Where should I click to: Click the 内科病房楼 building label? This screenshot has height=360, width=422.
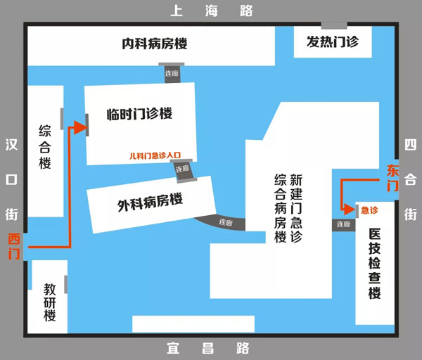point(153,44)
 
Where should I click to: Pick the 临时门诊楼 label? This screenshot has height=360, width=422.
point(139,114)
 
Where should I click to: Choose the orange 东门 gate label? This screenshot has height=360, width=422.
point(392,179)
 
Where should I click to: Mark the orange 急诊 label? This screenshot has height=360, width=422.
point(369,210)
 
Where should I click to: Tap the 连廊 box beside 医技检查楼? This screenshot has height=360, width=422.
point(343,224)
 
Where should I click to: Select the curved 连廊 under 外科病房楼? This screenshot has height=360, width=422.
point(226,222)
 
